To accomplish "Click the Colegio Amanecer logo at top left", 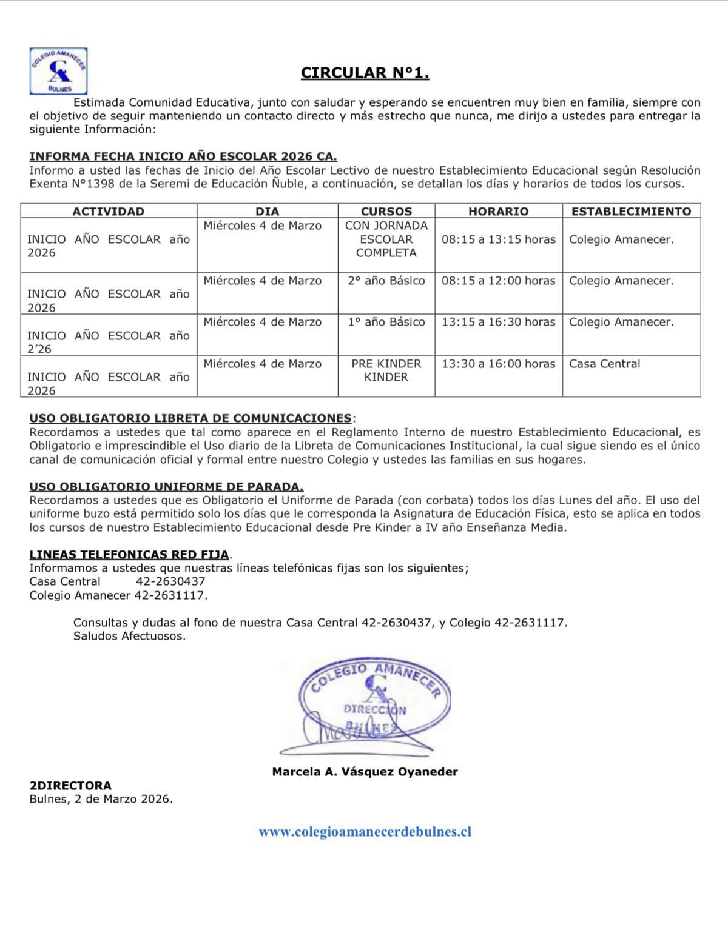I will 58,72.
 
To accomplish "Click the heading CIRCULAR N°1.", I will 365,73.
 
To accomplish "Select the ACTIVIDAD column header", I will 109,212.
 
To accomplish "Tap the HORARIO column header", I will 498,212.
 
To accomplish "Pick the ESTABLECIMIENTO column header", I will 631,212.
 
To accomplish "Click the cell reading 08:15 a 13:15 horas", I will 498,239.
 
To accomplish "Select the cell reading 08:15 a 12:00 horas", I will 498,281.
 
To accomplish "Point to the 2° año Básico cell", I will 386,281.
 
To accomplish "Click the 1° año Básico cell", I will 386,323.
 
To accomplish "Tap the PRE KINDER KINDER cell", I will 386,370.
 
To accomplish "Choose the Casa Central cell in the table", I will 604,364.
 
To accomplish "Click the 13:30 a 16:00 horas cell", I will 498,364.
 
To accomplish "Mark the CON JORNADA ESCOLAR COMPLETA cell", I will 386,239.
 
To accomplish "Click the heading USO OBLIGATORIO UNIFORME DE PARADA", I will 166,487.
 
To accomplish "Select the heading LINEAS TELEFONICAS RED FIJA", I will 129,555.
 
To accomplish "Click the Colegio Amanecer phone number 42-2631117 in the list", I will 170,595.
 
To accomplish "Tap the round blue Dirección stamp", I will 374,703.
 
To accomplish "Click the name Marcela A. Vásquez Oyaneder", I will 365,772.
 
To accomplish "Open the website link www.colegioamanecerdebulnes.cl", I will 365,832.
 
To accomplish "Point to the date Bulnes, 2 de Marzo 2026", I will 101,799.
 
